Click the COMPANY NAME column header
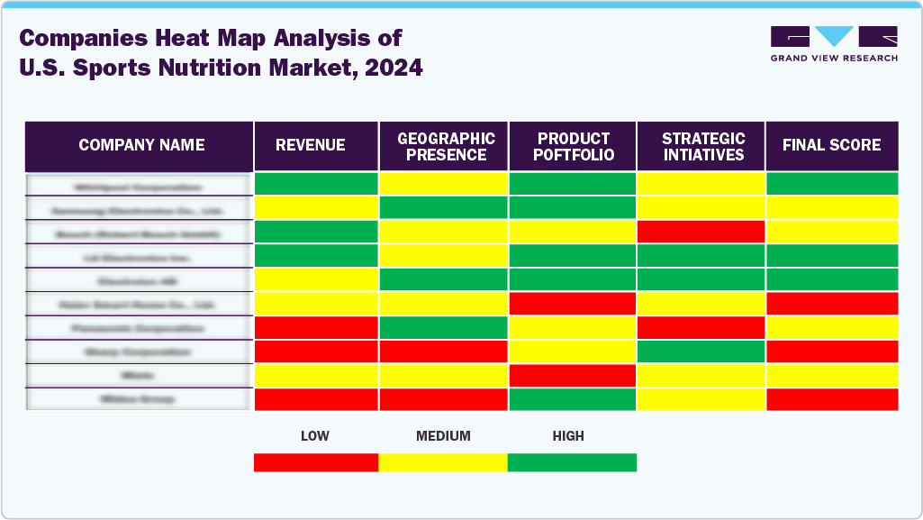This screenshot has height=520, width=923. click(141, 145)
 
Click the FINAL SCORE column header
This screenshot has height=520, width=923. click(831, 145)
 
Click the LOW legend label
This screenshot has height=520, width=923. click(314, 436)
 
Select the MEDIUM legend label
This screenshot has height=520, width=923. click(443, 436)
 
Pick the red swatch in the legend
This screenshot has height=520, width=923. click(316, 462)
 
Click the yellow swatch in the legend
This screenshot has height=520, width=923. click(443, 462)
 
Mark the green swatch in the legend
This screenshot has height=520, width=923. click(572, 462)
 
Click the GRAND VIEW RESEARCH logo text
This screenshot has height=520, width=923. click(834, 58)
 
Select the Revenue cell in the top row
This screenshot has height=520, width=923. click(316, 184)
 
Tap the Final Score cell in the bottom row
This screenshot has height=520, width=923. click(832, 399)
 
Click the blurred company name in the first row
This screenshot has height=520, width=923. click(139, 186)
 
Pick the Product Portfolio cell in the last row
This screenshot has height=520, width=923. click(573, 399)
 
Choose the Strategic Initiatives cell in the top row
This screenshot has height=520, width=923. click(701, 184)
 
